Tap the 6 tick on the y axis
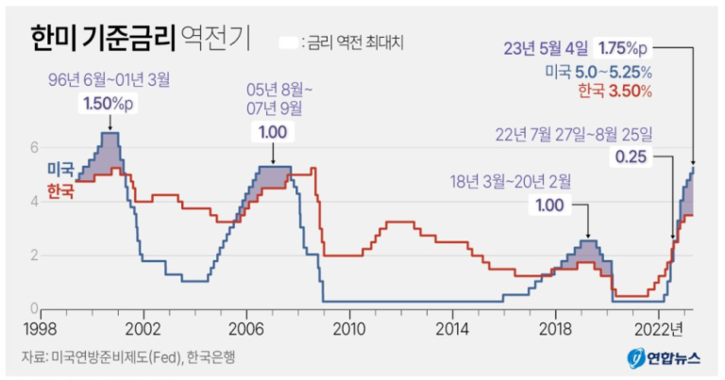35,147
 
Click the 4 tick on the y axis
35,201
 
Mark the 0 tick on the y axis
35,308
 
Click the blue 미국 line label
60,169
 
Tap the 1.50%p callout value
109,102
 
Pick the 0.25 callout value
631,157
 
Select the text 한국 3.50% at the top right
614,91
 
